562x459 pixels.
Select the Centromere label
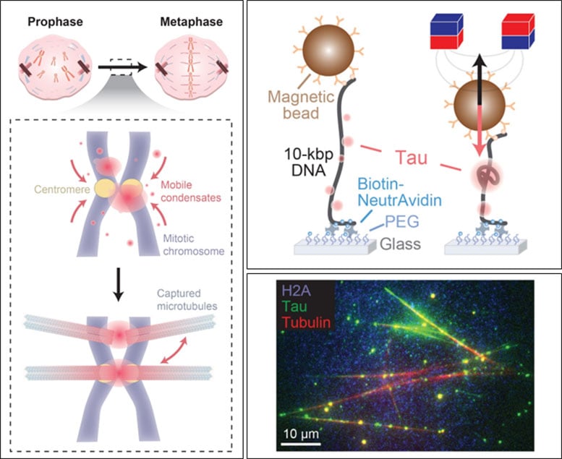tap(61, 191)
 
